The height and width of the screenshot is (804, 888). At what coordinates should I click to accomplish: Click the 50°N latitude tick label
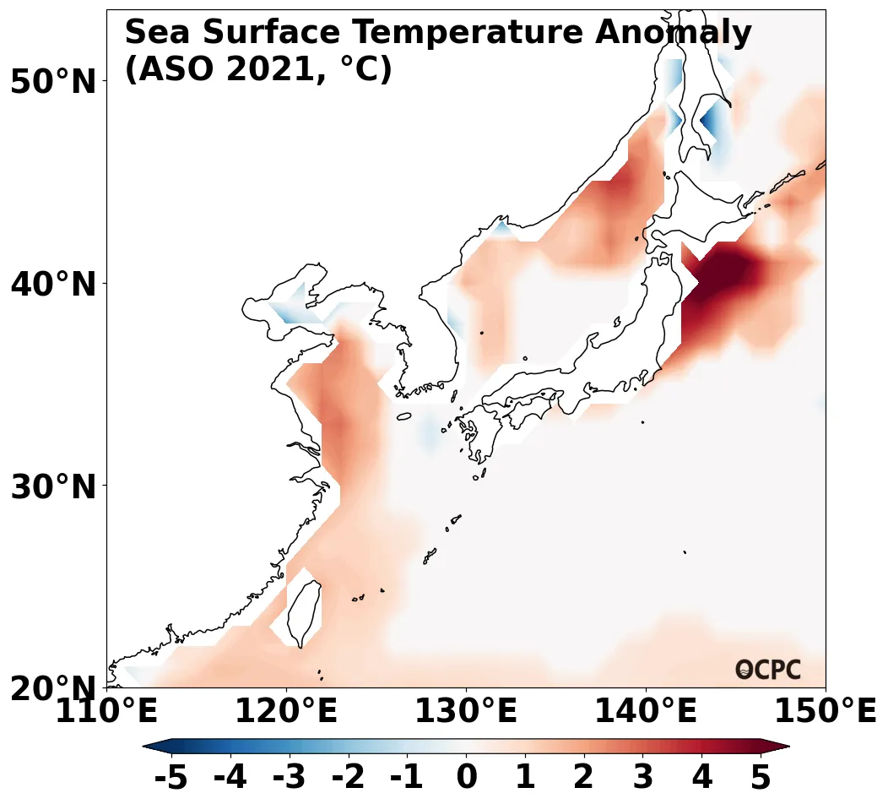[x=53, y=82]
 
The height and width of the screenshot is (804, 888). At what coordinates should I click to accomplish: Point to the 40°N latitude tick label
[x=53, y=284]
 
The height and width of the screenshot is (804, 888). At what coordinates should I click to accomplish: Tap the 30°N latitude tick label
[x=53, y=486]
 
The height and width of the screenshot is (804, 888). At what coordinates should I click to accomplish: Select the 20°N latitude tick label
[x=53, y=688]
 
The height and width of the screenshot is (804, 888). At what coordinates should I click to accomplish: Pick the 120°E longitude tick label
[x=286, y=712]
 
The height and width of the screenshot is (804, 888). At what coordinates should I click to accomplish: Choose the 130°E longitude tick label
[x=466, y=712]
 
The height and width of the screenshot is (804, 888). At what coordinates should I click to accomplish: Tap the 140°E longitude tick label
[x=646, y=712]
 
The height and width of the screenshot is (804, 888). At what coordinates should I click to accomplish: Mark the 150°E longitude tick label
[x=826, y=712]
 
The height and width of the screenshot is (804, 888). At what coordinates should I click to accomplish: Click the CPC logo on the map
[x=768, y=670]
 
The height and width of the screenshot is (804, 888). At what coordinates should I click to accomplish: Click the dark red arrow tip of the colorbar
[x=778, y=746]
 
